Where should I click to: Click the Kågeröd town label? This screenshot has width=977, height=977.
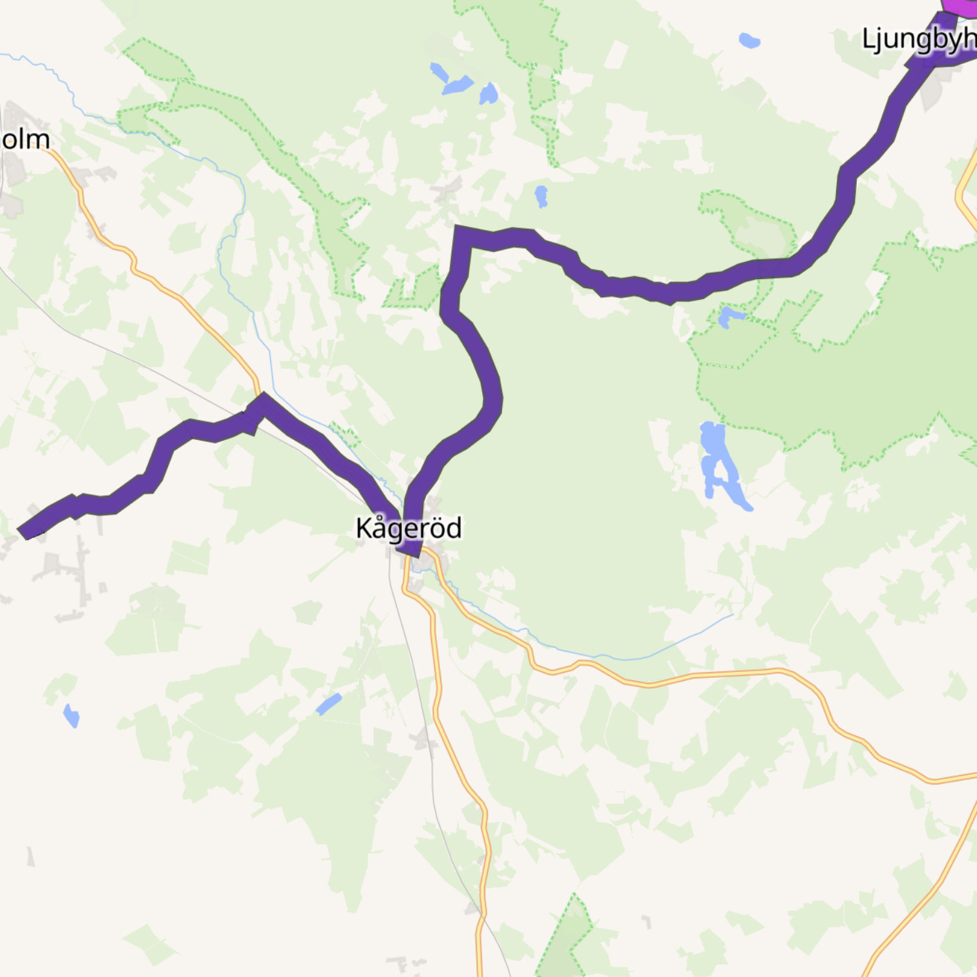pos(408,529)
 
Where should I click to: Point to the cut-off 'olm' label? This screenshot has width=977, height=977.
pos(25,140)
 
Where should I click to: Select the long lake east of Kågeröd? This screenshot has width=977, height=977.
pos(720,462)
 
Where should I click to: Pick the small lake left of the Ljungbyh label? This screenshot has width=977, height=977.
pos(749,40)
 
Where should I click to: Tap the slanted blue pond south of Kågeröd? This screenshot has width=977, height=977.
pos(329,704)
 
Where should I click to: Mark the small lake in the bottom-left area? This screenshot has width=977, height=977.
pos(71,715)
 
